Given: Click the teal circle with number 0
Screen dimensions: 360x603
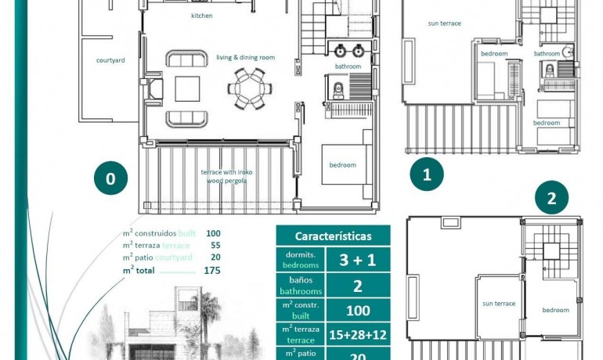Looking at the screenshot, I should [110, 179].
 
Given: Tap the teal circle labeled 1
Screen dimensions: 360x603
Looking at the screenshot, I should [427, 175].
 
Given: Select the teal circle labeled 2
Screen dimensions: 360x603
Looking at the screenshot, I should [551, 198].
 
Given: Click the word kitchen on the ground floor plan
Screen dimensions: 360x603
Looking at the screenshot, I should [202, 16].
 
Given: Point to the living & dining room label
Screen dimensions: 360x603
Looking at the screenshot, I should [246, 57].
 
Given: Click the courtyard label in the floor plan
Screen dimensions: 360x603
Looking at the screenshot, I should [110, 60].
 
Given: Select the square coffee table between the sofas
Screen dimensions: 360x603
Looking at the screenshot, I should [187, 88].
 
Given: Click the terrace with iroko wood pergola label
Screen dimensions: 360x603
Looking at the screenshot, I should [227, 176].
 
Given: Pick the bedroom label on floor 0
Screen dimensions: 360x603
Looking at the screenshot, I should [342, 165].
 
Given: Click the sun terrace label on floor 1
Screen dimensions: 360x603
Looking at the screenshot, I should [444, 23].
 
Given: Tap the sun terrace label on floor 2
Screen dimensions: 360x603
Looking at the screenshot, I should [499, 304].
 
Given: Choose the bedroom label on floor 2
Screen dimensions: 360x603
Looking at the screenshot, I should [556, 310].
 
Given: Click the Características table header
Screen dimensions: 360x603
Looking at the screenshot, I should [332, 236].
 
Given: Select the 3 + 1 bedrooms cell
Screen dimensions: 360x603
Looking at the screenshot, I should [358, 259].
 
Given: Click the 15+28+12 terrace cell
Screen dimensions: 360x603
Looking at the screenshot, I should [358, 334].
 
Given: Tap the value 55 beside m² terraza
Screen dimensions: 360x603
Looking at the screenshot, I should [215, 245].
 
